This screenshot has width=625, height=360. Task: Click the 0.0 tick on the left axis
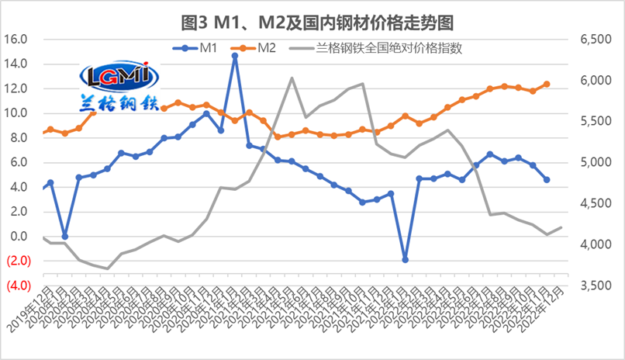pyautogui.click(x=19, y=237)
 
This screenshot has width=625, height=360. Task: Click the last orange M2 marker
pyautogui.click(x=547, y=84)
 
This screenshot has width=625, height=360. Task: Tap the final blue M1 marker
pyautogui.click(x=547, y=179)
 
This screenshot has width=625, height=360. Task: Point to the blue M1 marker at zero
pyautogui.click(x=64, y=236)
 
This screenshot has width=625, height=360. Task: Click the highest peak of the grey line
pyautogui.click(x=292, y=78)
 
